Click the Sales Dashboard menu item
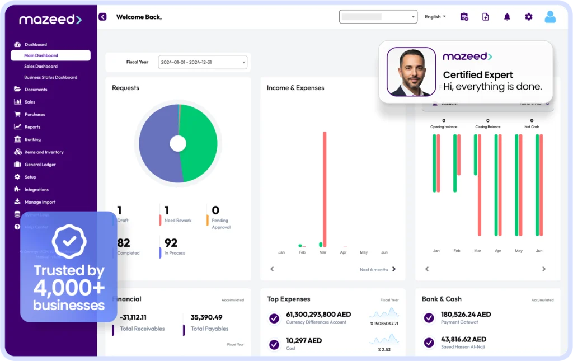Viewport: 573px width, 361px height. [x=41, y=67]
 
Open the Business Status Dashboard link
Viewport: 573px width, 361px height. [x=50, y=77]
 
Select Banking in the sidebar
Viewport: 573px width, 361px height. [x=32, y=139]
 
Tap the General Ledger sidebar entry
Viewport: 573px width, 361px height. [x=40, y=165]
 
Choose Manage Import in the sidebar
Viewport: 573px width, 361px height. [x=40, y=202]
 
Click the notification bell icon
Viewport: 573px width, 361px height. [x=507, y=17]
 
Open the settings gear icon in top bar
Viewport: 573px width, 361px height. [x=529, y=17]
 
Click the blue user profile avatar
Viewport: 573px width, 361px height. [x=550, y=17]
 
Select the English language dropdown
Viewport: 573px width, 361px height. [x=435, y=17]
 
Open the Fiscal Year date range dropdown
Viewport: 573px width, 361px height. [x=203, y=62]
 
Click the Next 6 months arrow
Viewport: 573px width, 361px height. [x=394, y=269]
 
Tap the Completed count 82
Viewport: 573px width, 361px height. [x=124, y=243]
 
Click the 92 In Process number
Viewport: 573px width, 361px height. [x=171, y=243]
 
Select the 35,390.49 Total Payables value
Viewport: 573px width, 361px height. [x=206, y=317]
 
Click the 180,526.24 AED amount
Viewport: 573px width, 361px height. [x=466, y=315]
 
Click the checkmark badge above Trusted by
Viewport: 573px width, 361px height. [x=69, y=241]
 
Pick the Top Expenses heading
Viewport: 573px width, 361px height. [x=288, y=299]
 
